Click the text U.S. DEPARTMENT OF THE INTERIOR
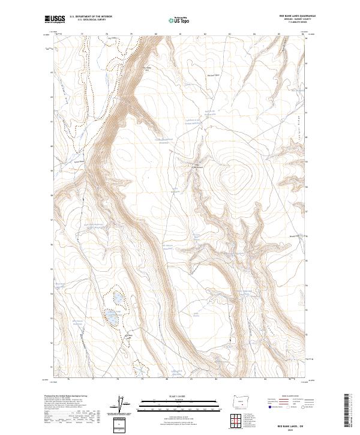[91, 17]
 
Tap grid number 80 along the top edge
[155, 35]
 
